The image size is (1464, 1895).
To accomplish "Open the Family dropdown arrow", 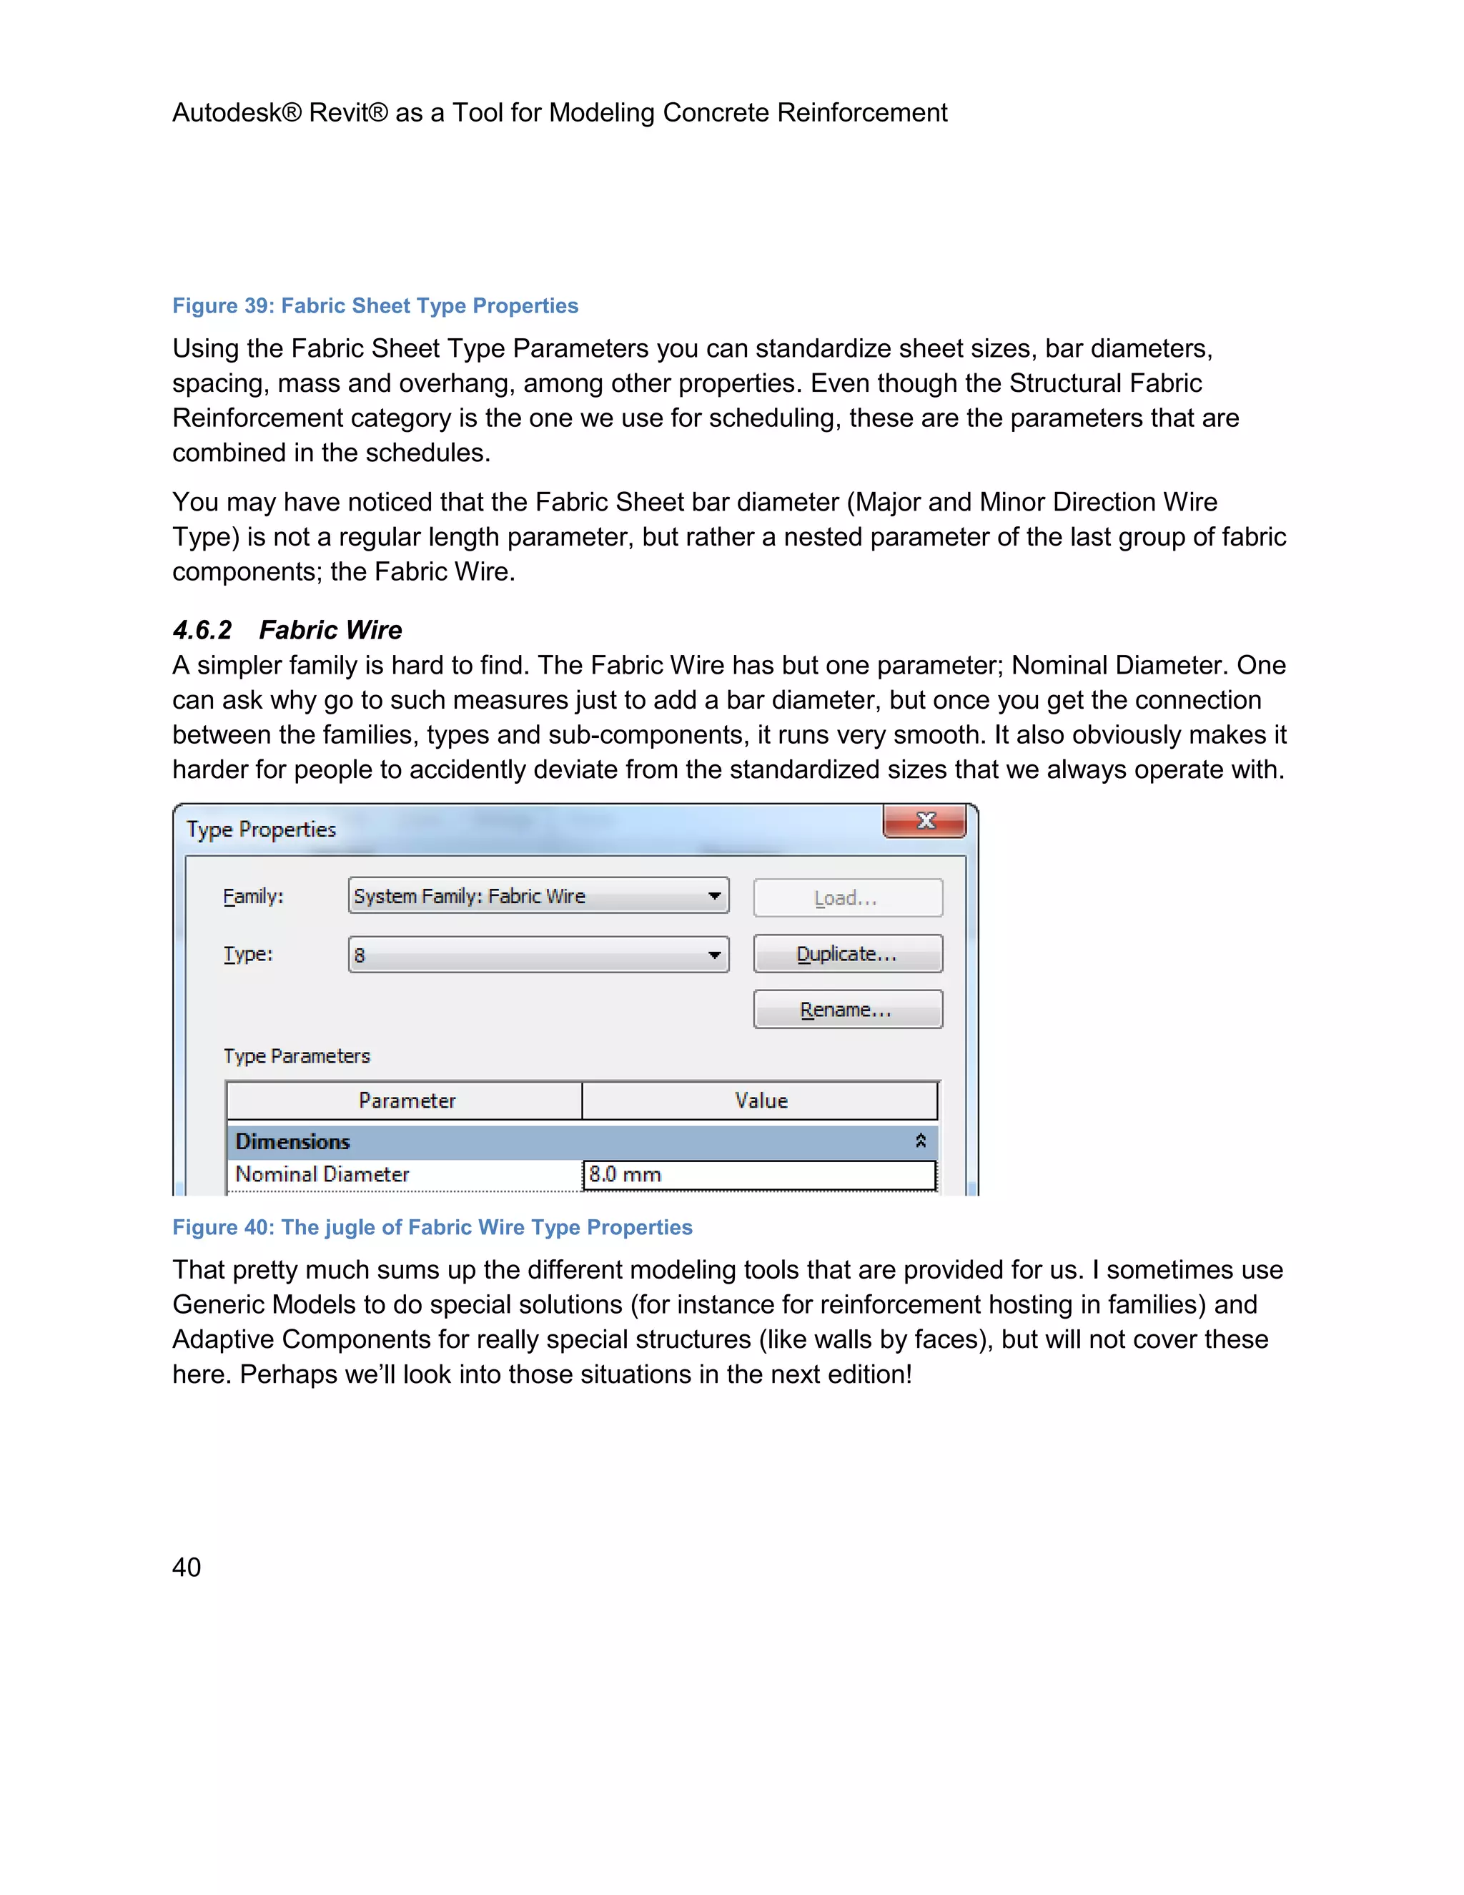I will click(x=714, y=896).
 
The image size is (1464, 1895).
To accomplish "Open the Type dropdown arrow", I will click(x=714, y=955).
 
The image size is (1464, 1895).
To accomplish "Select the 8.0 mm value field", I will click(x=759, y=1175).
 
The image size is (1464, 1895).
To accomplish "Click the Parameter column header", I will click(x=406, y=1101).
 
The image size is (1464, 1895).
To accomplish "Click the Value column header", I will click(x=761, y=1101).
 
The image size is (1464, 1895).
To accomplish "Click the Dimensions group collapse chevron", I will click(x=920, y=1141).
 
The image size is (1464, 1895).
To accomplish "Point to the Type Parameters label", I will click(x=297, y=1057).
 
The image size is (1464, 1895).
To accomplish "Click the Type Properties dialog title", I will click(x=261, y=830).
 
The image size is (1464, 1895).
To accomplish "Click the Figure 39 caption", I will click(x=375, y=306).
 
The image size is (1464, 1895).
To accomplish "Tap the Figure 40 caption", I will click(x=432, y=1228).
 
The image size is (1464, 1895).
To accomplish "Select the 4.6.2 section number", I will click(x=202, y=630).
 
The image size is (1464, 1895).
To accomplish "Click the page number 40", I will click(x=187, y=1567).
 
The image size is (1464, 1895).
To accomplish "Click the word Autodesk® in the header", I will click(x=236, y=113).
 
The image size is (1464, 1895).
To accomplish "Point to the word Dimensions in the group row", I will click(x=292, y=1142).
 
